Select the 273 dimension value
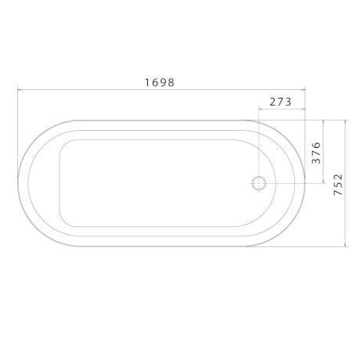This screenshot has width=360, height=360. point(281,101)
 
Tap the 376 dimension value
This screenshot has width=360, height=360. point(317,152)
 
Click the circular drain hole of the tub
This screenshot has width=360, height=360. point(260,183)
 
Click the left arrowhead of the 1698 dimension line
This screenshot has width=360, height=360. point(18,88)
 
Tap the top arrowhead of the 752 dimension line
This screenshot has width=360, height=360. point(344,122)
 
